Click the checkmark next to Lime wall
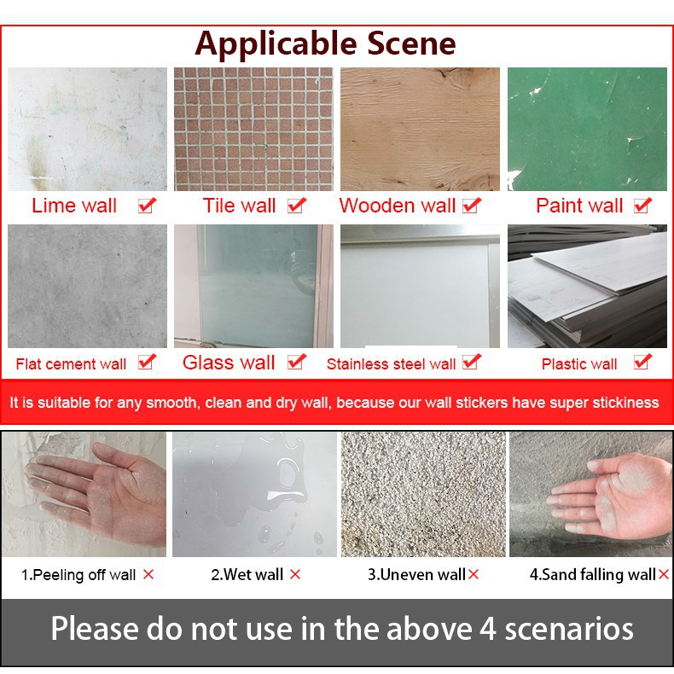pyautogui.click(x=147, y=206)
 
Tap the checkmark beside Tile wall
pyautogui.click(x=297, y=206)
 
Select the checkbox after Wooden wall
pyautogui.click(x=472, y=206)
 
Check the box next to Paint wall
pyautogui.click(x=642, y=206)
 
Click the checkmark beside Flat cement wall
pyautogui.click(x=147, y=362)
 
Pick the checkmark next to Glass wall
pyautogui.click(x=297, y=362)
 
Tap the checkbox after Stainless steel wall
pyautogui.click(x=472, y=362)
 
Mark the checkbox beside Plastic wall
pyautogui.click(x=642, y=362)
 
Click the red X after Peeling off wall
pyautogui.click(x=148, y=574)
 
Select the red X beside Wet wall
pyautogui.click(x=295, y=574)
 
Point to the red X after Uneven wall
pyautogui.click(x=474, y=574)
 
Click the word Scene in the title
pyautogui.click(x=411, y=44)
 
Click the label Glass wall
pyautogui.click(x=229, y=363)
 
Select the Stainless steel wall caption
pyautogui.click(x=391, y=364)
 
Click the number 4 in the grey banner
pyautogui.click(x=488, y=629)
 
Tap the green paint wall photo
pyautogui.click(x=587, y=129)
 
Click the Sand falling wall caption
pyautogui.click(x=593, y=575)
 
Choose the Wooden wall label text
pyautogui.click(x=398, y=206)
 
